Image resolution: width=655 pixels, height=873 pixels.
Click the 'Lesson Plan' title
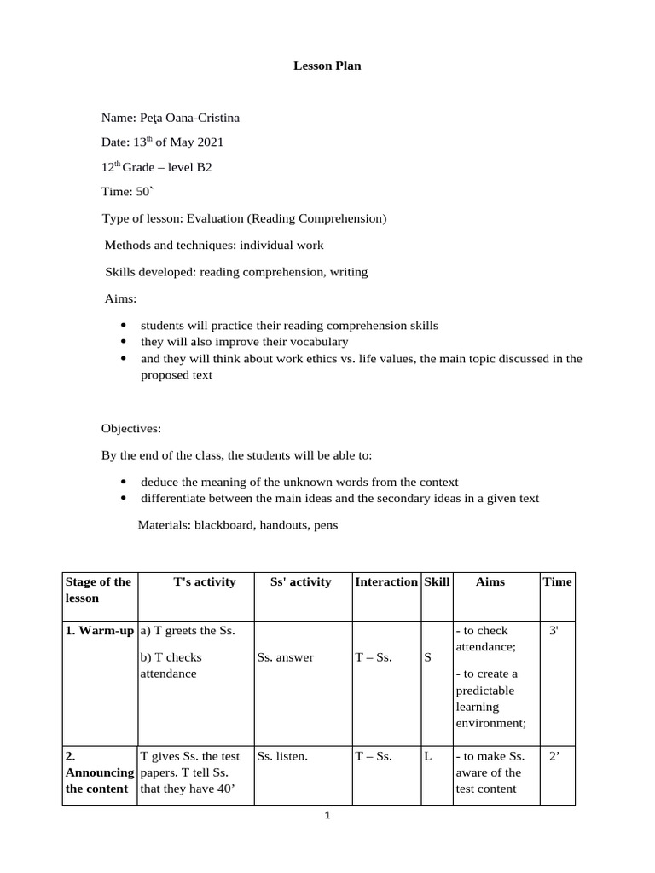click(327, 66)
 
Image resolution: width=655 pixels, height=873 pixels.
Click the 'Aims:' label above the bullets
click(120, 298)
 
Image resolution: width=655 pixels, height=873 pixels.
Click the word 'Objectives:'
click(131, 428)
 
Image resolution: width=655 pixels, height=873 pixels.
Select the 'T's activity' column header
click(204, 581)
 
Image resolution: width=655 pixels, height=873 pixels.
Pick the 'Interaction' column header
click(386, 581)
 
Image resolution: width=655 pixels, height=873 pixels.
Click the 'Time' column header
click(558, 581)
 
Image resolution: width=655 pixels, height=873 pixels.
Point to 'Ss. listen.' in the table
click(282, 755)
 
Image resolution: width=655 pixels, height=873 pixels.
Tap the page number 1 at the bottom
click(327, 815)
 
